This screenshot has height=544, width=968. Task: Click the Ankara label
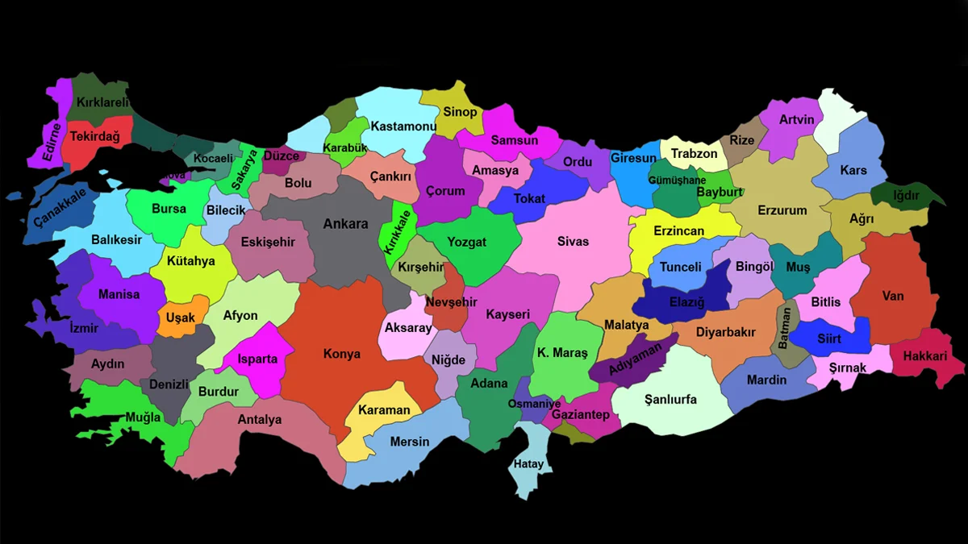(345, 224)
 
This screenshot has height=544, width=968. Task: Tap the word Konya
(342, 354)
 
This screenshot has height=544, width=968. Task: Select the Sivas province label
(573, 241)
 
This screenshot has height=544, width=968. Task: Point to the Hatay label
(529, 463)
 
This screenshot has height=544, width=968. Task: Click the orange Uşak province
(181, 318)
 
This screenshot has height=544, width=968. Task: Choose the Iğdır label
(906, 195)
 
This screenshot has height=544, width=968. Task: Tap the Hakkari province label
(924, 355)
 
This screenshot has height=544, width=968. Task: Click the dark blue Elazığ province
(686, 303)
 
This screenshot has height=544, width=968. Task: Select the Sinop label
(461, 112)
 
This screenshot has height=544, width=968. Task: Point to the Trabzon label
(694, 153)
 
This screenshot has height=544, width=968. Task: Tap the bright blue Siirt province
(829, 338)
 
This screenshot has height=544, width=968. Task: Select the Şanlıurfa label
(670, 400)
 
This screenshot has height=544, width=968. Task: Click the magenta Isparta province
(257, 359)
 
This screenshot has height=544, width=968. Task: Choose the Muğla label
(143, 417)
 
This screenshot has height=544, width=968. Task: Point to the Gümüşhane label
(677, 180)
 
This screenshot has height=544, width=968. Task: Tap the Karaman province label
(384, 409)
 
